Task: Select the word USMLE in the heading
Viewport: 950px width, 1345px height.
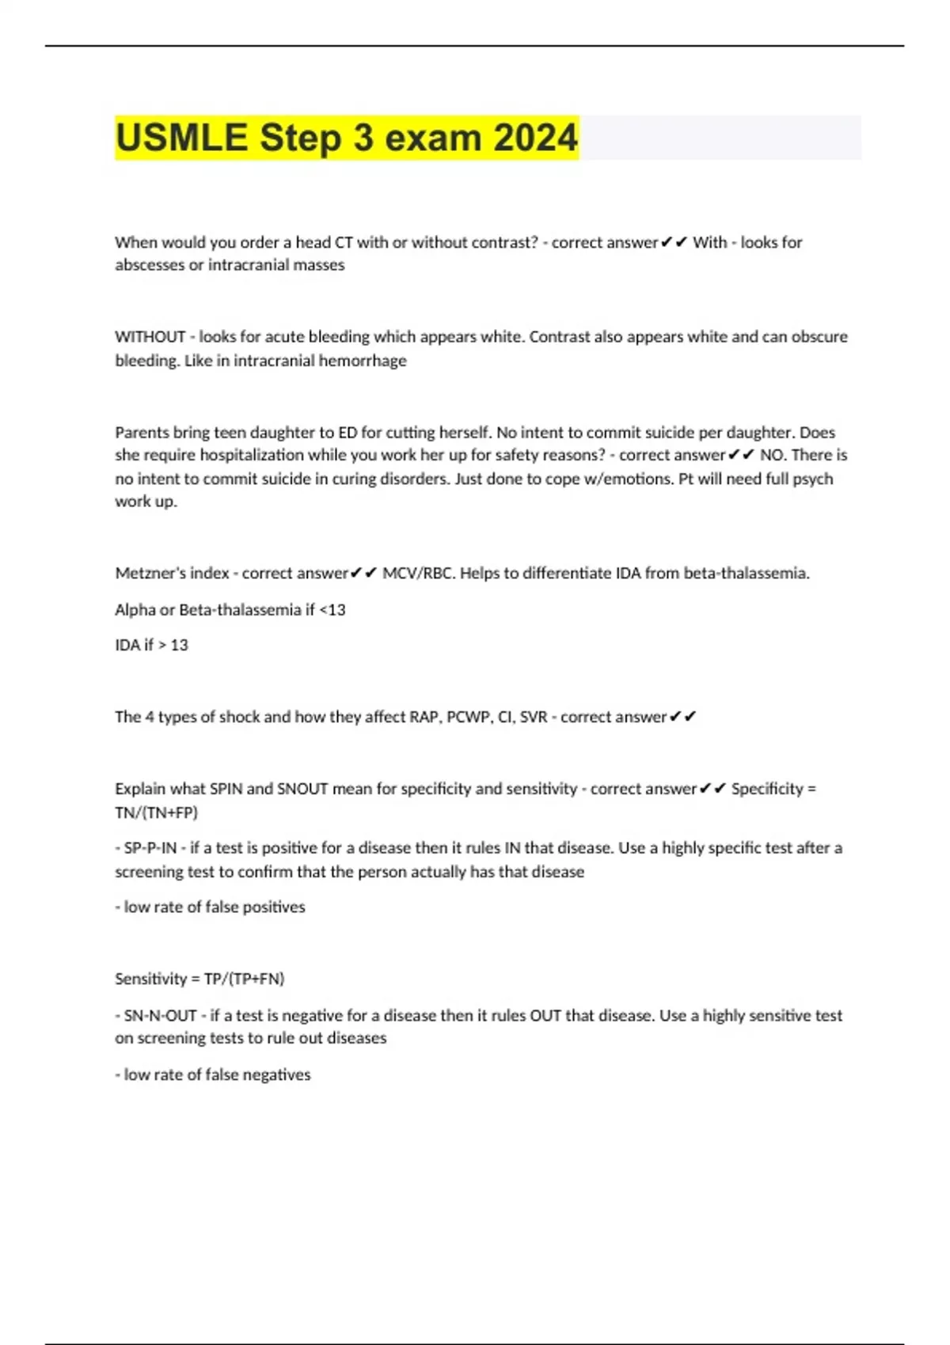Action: click(x=181, y=138)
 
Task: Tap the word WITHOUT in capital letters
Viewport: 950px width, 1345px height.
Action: click(x=150, y=337)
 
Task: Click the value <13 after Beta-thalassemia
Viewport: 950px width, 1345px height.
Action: click(x=332, y=609)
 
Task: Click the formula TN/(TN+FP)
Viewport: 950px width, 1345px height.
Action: click(x=156, y=812)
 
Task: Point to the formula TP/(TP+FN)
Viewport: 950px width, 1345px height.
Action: click(x=244, y=979)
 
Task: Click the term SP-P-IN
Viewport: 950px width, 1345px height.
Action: click(x=150, y=848)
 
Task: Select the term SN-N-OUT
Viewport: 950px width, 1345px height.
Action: click(x=160, y=1015)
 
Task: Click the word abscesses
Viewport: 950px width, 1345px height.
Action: click(x=150, y=265)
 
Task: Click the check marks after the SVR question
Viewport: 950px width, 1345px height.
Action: click(x=682, y=717)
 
